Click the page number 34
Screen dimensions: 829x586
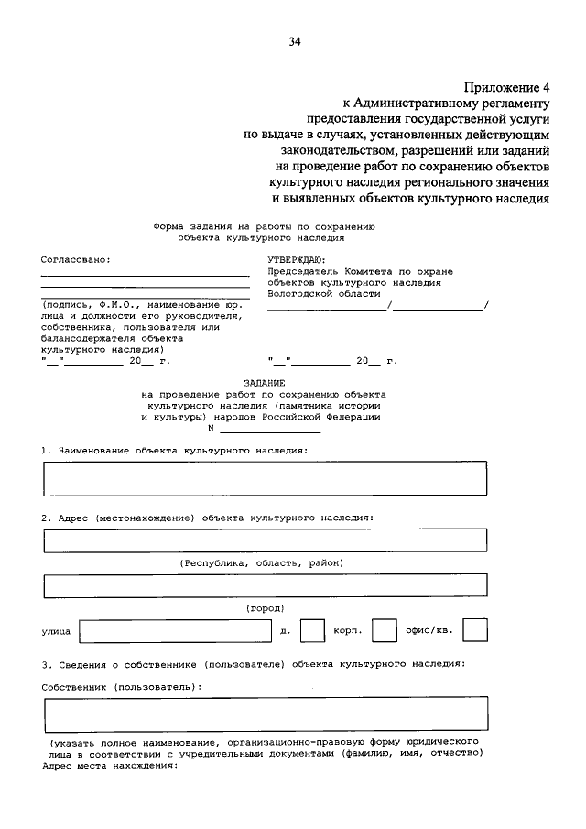(294, 41)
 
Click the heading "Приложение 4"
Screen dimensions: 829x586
(506, 88)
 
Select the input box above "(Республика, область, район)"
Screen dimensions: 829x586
(266, 541)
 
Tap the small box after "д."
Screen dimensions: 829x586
(313, 631)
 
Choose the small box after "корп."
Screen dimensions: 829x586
(385, 631)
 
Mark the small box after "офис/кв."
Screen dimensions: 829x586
(475, 631)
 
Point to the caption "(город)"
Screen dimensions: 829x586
(266, 608)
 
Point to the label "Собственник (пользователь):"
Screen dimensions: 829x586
(122, 685)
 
